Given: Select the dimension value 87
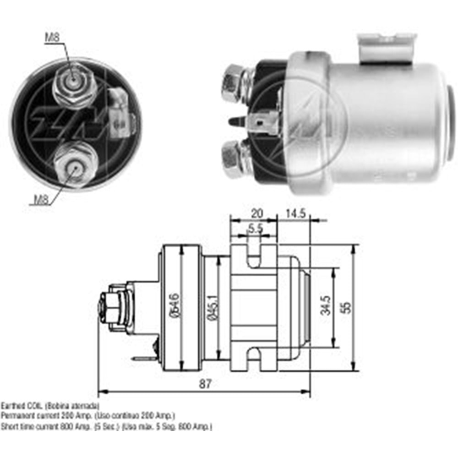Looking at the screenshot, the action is click(x=205, y=384).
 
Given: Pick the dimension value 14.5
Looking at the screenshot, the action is click(x=295, y=213).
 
